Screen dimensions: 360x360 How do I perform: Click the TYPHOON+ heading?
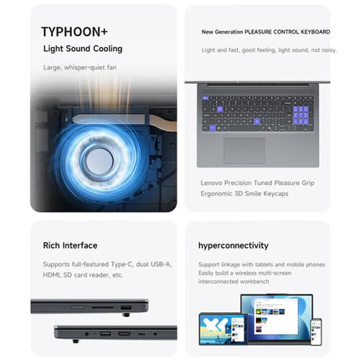tap(75, 32)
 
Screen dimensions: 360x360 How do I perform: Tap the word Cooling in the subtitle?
tap(108, 49)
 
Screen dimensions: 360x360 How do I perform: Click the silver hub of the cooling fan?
tap(100, 161)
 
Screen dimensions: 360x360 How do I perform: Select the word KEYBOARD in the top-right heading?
tap(315, 32)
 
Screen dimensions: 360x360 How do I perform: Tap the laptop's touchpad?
tap(244, 151)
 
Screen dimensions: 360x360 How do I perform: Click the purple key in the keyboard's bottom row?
tap(213, 128)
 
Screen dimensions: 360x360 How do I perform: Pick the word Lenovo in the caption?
tap(212, 183)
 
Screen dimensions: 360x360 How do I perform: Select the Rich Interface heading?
tap(70, 245)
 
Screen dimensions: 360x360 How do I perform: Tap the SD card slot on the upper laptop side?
tap(102, 307)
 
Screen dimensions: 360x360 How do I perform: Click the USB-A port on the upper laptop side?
tap(126, 307)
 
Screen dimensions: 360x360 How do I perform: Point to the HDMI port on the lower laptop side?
tap(124, 333)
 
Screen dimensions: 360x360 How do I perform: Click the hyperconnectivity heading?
tap(234, 245)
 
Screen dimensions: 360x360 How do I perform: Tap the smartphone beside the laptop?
tap(316, 332)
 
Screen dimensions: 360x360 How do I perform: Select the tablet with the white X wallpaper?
tap(224, 329)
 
